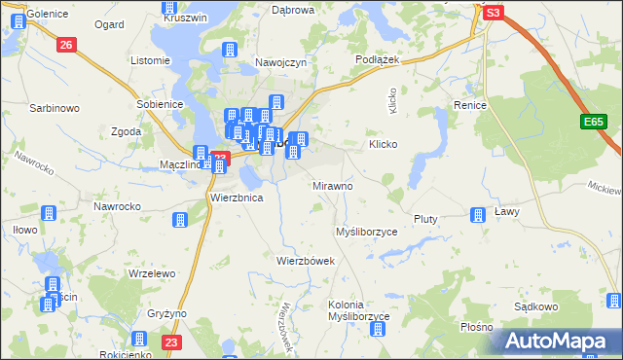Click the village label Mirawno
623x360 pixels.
coord(333,185)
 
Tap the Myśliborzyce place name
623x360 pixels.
coord(366,233)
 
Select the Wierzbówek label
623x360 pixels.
coord(306,261)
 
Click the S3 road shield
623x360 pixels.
coord(494,13)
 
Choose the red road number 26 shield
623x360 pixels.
coord(66,45)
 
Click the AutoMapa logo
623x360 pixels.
coord(556,341)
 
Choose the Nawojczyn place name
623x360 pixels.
coord(281,61)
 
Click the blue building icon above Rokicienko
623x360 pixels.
coord(138,340)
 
